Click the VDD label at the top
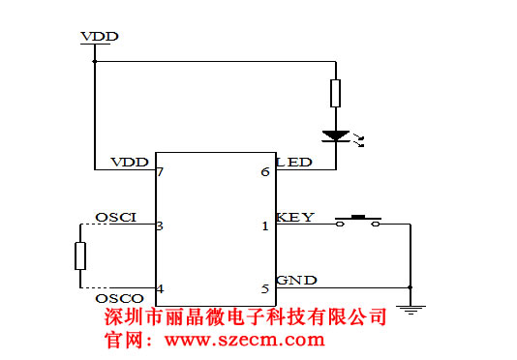pos(100,37)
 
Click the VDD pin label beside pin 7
pos(130,162)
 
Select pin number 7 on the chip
pos(160,172)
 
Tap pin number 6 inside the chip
pos(265,172)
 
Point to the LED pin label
pos(294,162)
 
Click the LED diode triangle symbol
pos(335,136)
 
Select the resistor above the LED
pos(335,93)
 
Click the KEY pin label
pos(294,217)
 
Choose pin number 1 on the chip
pos(265,226)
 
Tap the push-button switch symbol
pos(358,221)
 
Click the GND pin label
pos(295,281)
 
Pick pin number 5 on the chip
pos(265,288)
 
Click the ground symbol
pos(411,310)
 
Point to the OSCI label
pos(115,216)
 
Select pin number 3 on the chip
pos(160,226)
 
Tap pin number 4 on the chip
pos(160,288)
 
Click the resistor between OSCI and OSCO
pos(80,256)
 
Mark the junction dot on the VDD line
pos(95,61)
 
